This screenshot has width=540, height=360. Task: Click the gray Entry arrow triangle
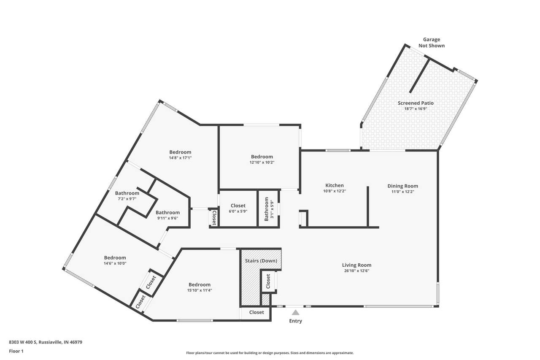tap(296, 312)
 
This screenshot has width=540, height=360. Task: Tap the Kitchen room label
tap(335, 185)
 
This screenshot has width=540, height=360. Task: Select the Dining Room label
tap(403, 186)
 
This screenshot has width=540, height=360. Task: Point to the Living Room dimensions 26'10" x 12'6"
tap(357, 271)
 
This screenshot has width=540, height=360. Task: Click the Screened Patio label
tap(416, 103)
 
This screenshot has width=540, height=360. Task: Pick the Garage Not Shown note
tap(432, 43)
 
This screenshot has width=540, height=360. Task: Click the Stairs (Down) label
tap(261, 261)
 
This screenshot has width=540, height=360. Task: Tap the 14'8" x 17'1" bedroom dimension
tap(180, 158)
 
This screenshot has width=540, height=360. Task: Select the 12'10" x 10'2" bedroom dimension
tap(262, 162)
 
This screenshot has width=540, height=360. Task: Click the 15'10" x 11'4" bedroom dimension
tap(200, 290)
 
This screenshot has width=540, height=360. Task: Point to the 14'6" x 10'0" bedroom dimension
tap(115, 263)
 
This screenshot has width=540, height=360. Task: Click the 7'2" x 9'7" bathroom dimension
tap(127, 199)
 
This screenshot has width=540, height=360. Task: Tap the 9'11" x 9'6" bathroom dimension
tap(168, 218)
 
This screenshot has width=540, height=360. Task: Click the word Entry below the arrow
tap(296, 321)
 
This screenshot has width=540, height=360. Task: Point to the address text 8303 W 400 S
tap(23, 342)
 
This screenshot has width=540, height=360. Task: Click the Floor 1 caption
tap(16, 351)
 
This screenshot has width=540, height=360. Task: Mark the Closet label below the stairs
tap(256, 312)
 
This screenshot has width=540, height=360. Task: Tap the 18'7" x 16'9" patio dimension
tap(416, 109)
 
